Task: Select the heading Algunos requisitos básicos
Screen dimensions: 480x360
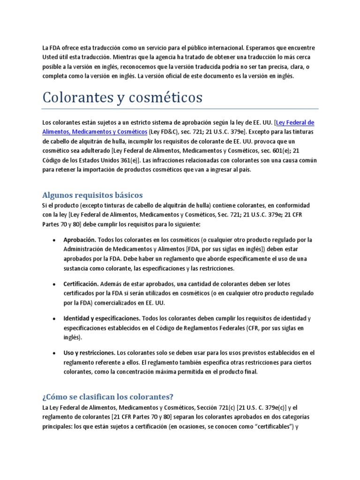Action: [x=92, y=195]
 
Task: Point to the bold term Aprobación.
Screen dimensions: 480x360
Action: [x=80, y=240]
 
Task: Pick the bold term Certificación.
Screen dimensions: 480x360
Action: [x=81, y=284]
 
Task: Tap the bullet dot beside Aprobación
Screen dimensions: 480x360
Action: [x=55, y=240]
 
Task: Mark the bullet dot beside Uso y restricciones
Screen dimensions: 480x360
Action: [x=55, y=353]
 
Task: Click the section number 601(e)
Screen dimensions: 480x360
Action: [x=276, y=150]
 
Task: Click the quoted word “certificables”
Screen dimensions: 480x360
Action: [x=273, y=426]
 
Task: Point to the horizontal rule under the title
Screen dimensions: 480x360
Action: [x=180, y=109]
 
